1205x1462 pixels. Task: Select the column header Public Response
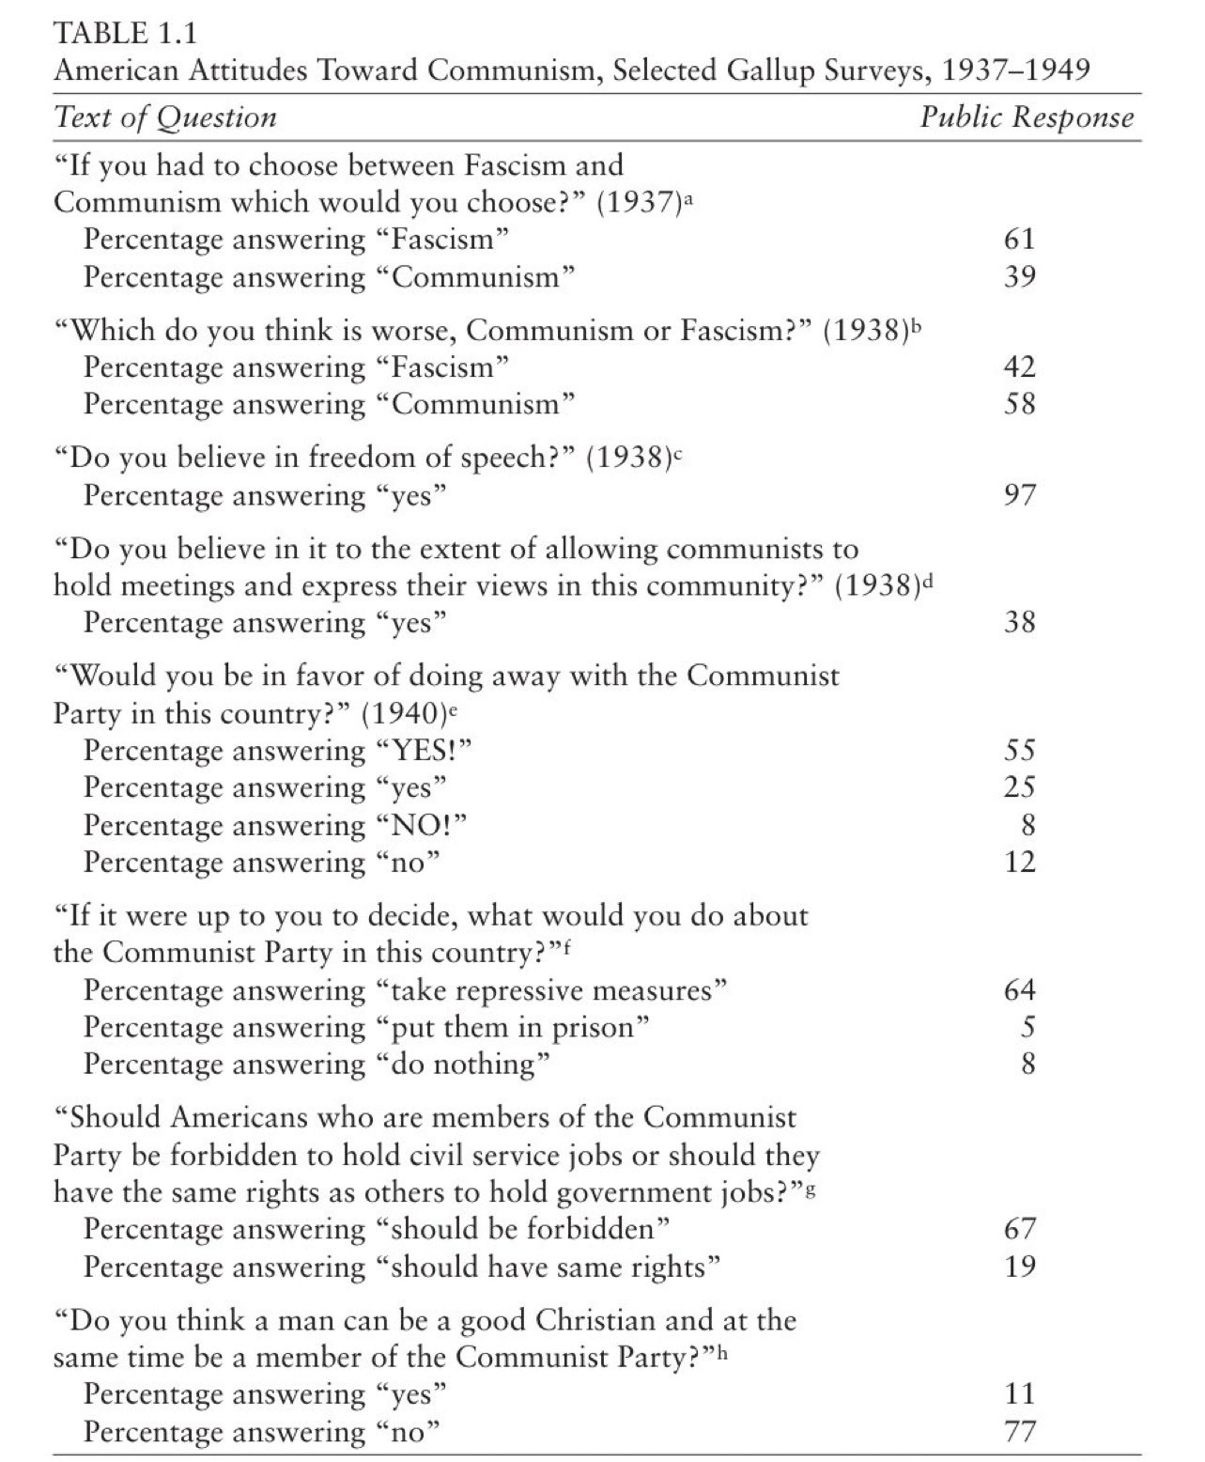[1026, 117]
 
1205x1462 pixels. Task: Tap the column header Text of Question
[166, 117]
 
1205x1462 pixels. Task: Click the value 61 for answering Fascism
[1019, 239]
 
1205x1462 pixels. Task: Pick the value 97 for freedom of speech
[1019, 495]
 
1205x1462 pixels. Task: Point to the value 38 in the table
[1019, 622]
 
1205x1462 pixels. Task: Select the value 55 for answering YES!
[1019, 750]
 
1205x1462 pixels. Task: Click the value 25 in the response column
[1019, 786]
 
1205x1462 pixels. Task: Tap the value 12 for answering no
[1019, 861]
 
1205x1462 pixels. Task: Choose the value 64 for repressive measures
[1019, 989]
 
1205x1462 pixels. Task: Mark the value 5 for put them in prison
[1027, 1027]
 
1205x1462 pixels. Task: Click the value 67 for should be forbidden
[1019, 1229]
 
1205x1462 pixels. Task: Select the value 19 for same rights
[1019, 1267]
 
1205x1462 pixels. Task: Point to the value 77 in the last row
[1019, 1431]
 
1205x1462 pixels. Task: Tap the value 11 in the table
[1019, 1393]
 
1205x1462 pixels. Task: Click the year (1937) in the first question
[640, 202]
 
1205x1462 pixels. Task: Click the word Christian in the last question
[595, 1320]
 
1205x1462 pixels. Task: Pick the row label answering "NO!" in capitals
[275, 824]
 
